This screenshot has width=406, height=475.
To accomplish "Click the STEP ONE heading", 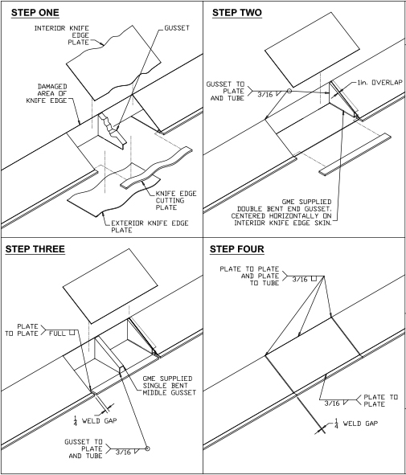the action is [35, 13].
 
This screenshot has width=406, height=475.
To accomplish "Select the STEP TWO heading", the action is [237, 13].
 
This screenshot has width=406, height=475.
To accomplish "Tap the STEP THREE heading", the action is [35, 249].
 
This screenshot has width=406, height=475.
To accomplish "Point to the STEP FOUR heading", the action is [237, 249].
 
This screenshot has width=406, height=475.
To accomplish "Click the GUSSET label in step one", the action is [177, 28].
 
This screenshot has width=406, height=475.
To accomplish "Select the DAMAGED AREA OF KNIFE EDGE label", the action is [47, 93].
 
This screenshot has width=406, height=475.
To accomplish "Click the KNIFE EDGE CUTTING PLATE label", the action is [176, 200].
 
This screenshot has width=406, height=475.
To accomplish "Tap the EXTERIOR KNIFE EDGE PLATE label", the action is [150, 227].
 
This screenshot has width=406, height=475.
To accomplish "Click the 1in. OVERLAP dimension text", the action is [380, 83].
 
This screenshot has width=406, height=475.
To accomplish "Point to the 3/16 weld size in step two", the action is [265, 95].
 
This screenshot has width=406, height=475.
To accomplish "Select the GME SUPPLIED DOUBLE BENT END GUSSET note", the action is [281, 212].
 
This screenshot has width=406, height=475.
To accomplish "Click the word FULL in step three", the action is [57, 334].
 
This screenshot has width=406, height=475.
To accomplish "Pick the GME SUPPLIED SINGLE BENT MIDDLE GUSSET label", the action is [170, 385].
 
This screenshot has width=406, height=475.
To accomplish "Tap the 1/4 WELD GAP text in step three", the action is [95, 420].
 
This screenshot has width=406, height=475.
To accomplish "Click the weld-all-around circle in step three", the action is [148, 448].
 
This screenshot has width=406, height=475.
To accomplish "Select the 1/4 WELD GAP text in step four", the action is [356, 424].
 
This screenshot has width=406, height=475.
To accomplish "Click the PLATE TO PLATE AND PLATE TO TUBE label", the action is [249, 276].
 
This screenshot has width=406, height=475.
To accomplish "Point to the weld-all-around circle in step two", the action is [289, 91].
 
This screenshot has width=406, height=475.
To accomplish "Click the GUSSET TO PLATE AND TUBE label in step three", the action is [84, 448].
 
